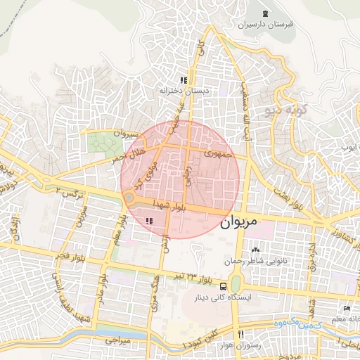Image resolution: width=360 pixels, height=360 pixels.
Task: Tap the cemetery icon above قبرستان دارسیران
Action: coord(265,14)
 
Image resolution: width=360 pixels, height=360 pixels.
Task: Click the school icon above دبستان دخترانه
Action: coord(184,81)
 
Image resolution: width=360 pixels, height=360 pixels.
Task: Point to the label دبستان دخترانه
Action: coord(184,91)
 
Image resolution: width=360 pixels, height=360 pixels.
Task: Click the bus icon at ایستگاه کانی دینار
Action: coord(223,286)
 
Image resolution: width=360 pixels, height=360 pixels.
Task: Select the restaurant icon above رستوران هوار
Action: coord(241,335)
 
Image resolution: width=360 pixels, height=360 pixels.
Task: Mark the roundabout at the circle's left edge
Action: coord(130,199)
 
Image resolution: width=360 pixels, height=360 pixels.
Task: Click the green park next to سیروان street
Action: coord(104,144)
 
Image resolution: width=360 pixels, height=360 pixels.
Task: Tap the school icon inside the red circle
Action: coord(148,221)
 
